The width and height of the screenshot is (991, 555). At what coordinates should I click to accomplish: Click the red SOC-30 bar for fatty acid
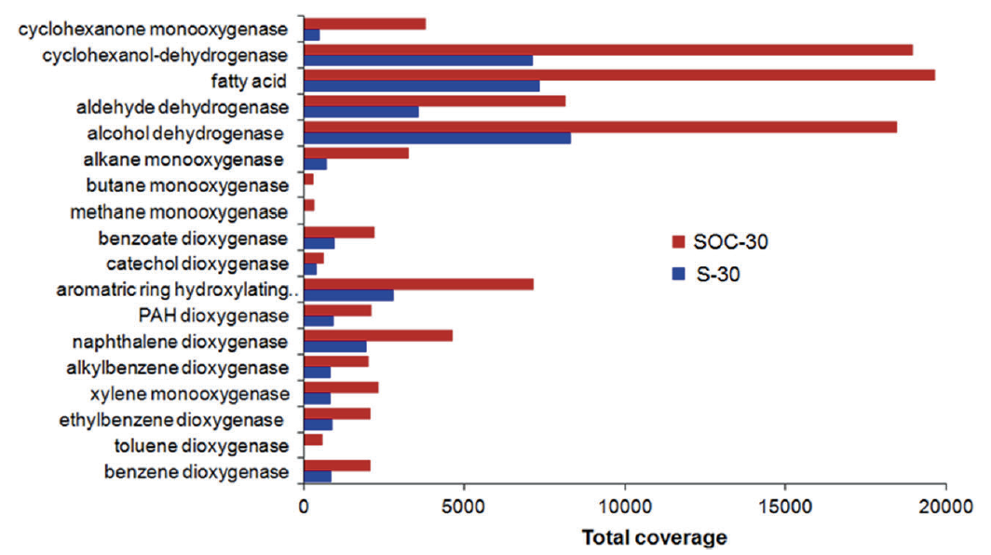coord(619,74)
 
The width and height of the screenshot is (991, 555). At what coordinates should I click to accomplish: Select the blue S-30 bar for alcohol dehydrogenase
coord(438,138)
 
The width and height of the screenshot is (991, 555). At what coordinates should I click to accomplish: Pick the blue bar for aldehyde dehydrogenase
coord(361,112)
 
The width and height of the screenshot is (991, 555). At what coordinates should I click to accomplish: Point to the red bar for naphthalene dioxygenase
coord(378,335)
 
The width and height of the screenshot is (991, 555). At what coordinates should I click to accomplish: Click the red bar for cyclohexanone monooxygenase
coord(365,23)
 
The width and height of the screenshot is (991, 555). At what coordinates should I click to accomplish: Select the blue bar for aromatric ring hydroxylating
coord(349,295)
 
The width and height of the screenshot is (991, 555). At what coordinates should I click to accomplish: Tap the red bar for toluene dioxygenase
coord(313,439)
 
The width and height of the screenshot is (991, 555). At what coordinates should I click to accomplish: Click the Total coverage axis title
coord(654,538)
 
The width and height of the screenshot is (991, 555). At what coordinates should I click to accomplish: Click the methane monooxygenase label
coord(179,212)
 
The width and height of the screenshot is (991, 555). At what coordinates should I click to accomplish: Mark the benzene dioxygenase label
coord(198,471)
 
